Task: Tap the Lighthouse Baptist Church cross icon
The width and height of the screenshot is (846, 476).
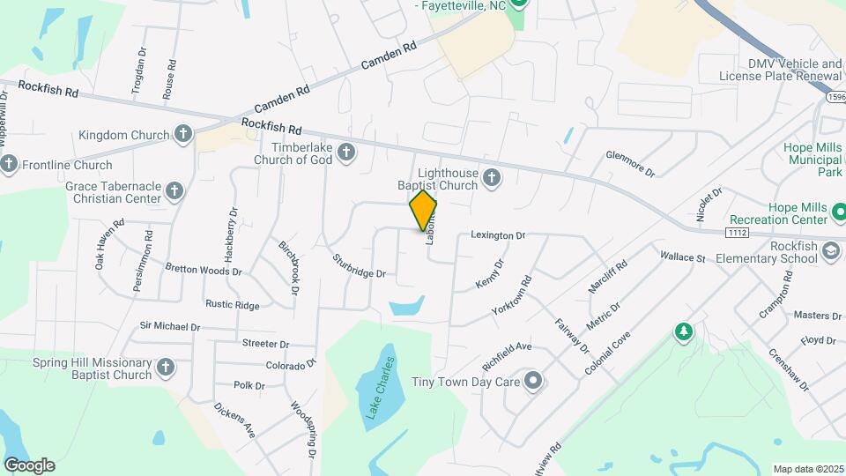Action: [x=492, y=179]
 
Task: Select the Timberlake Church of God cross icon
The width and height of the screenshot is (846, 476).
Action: [x=346, y=152]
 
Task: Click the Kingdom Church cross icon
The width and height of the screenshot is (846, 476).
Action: [x=182, y=135]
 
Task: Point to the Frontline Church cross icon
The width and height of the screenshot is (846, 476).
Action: [x=9, y=164]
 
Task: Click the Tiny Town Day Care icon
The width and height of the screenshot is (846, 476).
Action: [x=532, y=382]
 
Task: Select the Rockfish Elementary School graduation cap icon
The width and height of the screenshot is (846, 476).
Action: [x=829, y=251]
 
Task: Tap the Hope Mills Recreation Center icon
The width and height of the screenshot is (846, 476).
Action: [x=839, y=212]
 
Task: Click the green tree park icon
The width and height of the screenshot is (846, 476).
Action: [x=682, y=332]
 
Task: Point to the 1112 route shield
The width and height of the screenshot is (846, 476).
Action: [x=738, y=232]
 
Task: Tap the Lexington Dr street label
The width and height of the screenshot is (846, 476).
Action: [x=498, y=235]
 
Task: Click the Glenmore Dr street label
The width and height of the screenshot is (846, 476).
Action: [x=630, y=162]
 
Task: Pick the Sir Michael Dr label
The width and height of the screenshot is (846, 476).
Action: [x=170, y=326]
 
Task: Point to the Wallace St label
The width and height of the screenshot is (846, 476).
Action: [x=683, y=257]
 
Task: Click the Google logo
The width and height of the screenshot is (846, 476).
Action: [x=29, y=465]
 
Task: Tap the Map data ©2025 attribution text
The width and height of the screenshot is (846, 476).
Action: [x=806, y=469]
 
